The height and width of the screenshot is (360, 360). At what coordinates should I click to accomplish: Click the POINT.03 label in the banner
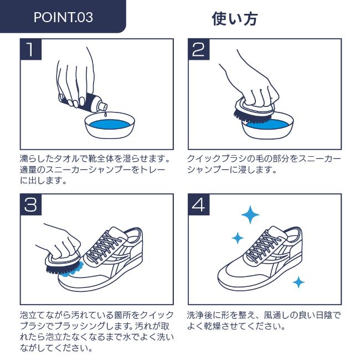tap(63, 17)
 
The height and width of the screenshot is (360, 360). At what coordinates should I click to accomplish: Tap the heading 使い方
tap(234, 19)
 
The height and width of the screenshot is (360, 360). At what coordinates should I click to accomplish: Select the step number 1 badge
tap(31, 49)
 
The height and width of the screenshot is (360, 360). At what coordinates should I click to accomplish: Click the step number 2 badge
tap(199, 49)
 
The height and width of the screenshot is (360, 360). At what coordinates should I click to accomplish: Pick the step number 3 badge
tap(31, 205)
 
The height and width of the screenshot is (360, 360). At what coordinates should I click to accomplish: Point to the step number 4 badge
tap(199, 205)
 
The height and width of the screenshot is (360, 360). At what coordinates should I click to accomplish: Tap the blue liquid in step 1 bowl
tap(110, 124)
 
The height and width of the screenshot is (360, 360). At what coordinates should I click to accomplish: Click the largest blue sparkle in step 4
tap(250, 215)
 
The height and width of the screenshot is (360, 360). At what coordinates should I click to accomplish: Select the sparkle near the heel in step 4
tap(299, 282)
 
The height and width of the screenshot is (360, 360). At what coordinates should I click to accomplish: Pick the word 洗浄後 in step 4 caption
tap(199, 315)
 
